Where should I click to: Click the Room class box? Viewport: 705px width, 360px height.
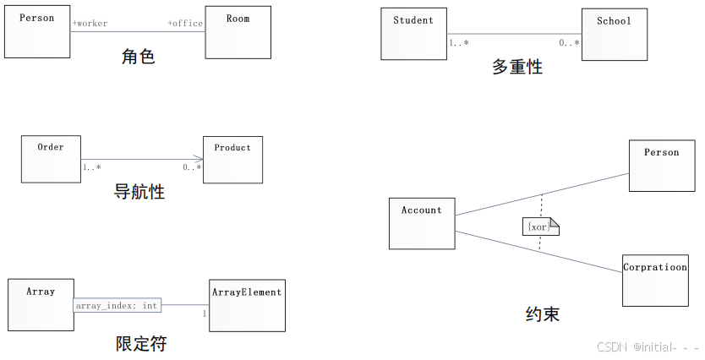238,32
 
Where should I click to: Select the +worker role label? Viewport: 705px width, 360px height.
90,24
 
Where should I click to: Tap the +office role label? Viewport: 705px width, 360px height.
185,24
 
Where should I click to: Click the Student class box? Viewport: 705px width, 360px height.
413,34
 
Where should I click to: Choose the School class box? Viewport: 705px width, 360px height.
614,34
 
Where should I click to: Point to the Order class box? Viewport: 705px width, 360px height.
51,159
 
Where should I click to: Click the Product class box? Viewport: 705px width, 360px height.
232,160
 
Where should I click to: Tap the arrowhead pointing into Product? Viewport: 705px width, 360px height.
199,159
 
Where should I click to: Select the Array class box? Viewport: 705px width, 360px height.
41,304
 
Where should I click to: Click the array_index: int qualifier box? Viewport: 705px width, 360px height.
115,305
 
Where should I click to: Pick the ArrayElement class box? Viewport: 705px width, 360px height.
247,304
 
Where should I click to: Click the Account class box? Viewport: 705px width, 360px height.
422,223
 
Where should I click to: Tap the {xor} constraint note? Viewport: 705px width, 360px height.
540,227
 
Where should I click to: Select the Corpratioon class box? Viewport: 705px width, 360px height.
655,280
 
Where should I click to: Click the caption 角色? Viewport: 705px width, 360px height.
139,57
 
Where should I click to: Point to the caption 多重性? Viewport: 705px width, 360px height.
516,67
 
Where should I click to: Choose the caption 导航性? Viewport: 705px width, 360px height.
139,192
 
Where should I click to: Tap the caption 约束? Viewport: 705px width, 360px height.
542,314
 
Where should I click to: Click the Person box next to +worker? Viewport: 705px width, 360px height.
37,32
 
